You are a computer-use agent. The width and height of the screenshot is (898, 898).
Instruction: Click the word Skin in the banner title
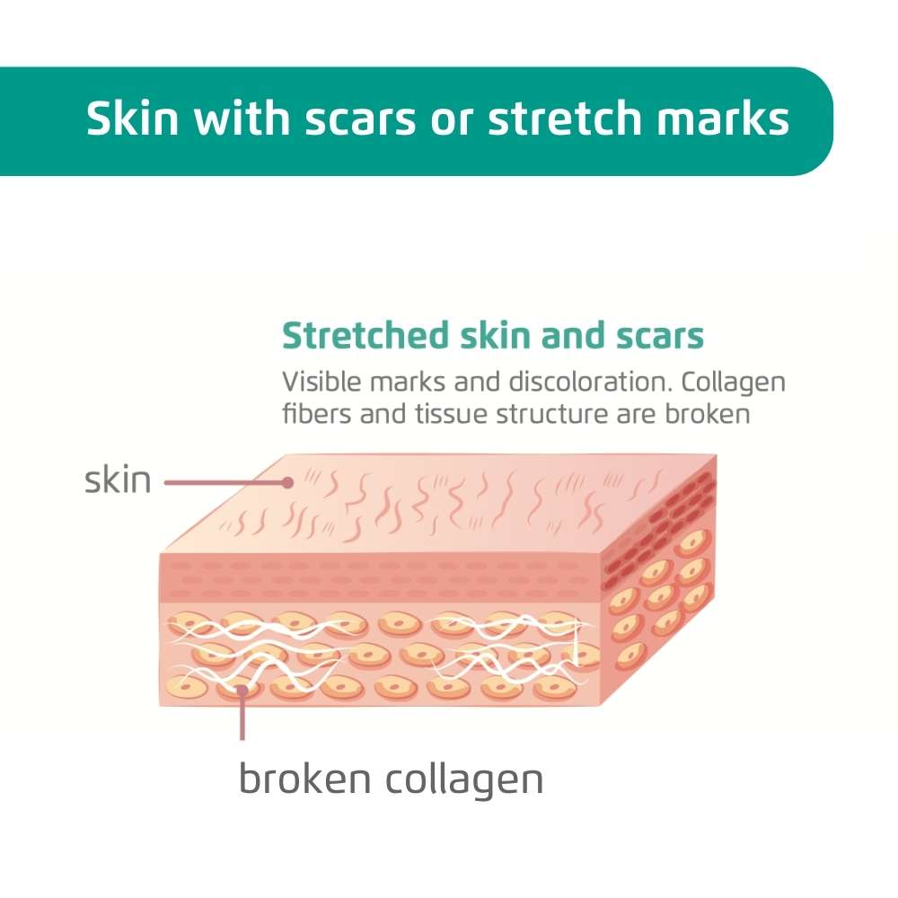132,118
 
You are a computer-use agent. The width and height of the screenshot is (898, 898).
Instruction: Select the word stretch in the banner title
564,118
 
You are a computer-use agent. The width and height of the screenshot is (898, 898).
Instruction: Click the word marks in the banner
723,118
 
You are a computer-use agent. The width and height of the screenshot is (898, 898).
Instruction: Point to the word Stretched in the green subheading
365,335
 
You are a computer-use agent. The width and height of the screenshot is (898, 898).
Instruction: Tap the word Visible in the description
321,382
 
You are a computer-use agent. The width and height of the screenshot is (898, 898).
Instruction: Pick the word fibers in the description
317,413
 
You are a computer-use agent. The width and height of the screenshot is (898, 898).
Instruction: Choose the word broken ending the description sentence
708,413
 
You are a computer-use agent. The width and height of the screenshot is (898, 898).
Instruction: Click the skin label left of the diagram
118,480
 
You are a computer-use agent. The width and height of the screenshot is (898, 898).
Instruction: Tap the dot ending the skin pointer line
287,483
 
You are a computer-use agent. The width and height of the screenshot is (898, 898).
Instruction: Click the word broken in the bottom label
304,779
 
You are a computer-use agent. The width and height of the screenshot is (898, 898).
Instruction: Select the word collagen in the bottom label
464,781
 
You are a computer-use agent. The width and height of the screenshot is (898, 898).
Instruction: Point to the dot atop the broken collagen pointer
242,690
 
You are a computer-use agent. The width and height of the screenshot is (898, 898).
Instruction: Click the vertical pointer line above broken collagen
242,715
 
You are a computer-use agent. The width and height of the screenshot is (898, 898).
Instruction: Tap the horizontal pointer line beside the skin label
225,483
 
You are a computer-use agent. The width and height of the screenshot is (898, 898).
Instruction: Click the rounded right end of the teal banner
819,121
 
